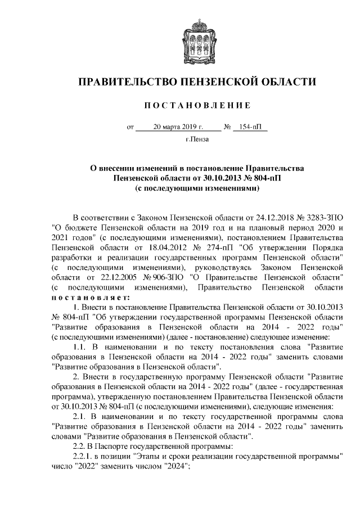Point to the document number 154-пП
coord(250,127)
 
